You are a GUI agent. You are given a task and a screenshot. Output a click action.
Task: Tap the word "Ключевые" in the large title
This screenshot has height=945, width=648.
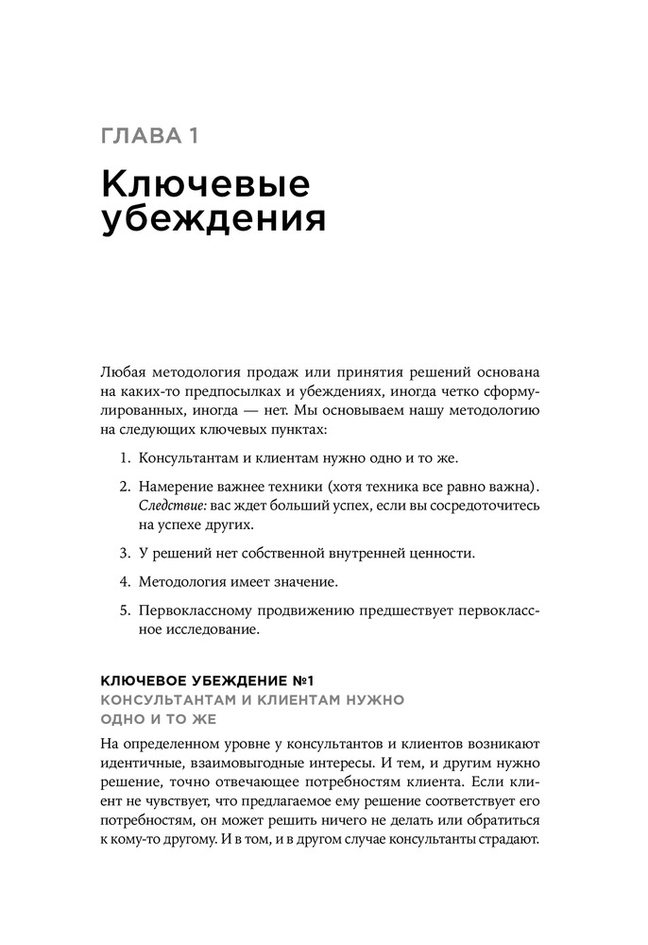(204, 183)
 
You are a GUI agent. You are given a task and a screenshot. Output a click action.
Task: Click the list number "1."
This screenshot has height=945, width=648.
(125, 459)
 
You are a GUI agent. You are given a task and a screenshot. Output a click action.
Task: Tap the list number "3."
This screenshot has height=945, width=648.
(125, 552)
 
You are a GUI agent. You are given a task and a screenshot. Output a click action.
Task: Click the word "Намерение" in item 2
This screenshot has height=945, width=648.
(178, 487)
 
